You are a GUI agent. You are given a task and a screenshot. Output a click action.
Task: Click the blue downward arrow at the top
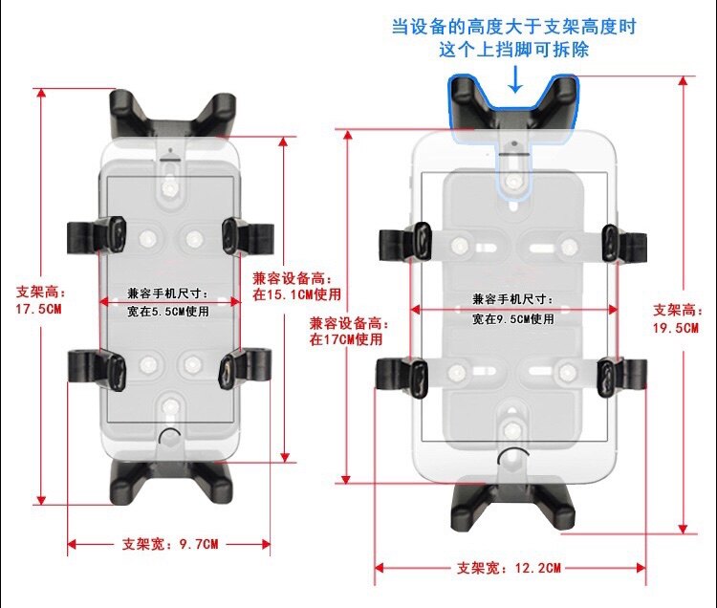pyautogui.click(x=515, y=79)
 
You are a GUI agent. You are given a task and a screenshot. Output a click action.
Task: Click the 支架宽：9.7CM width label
pyautogui.click(x=169, y=544)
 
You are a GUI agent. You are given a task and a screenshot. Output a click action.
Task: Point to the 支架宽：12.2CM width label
pyautogui.click(x=509, y=568)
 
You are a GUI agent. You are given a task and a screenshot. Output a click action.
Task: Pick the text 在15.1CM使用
pyautogui.click(x=296, y=294)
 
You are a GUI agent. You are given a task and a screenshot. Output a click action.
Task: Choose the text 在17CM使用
pyautogui.click(x=345, y=338)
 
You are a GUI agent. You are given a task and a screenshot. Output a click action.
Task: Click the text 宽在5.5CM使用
pyautogui.click(x=169, y=311)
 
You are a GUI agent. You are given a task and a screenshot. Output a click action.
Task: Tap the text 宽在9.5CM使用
pyautogui.click(x=512, y=317)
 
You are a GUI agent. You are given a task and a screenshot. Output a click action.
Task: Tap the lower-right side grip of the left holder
pyautogui.click(x=246, y=368)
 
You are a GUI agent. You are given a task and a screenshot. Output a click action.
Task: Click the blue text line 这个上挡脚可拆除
pyautogui.click(x=513, y=49)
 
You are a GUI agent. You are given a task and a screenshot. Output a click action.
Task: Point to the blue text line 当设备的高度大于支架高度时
pyautogui.click(x=513, y=26)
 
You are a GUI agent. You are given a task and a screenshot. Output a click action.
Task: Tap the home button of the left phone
pyautogui.click(x=169, y=439)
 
